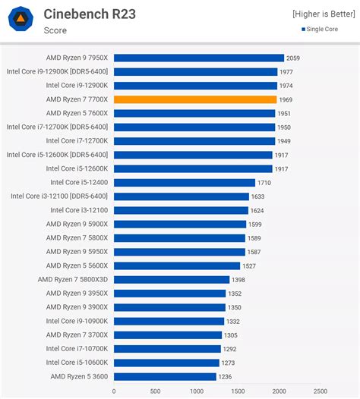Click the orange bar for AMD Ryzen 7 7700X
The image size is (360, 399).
(x=195, y=99)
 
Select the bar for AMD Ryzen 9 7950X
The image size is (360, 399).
(x=199, y=58)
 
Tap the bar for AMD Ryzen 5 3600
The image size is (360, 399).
(x=165, y=376)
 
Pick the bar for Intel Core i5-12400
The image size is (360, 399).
(x=185, y=183)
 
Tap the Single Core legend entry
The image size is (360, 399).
(x=328, y=30)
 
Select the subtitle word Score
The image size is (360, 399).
(x=55, y=30)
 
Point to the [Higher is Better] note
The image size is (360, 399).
(x=324, y=14)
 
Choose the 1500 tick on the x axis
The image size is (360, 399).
(x=238, y=391)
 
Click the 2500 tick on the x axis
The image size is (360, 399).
(x=320, y=391)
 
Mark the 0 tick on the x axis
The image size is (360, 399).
(x=114, y=391)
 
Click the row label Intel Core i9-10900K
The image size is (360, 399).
(x=77, y=321)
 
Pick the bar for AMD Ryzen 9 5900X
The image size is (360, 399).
(x=180, y=225)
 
